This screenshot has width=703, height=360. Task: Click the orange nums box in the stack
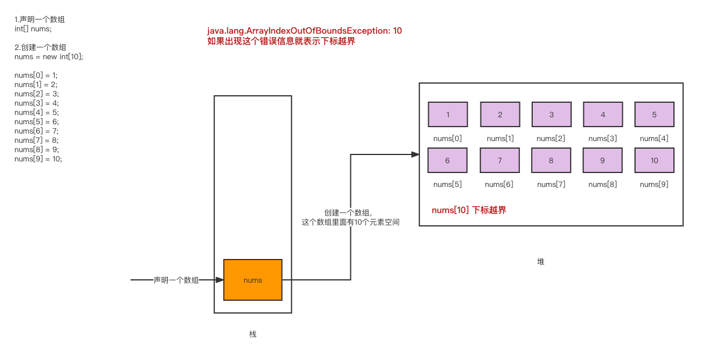point(253,280)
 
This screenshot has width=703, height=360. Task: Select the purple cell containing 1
point(447,114)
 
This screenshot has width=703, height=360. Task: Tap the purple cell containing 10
point(654,160)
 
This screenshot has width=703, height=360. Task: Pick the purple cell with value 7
point(500,160)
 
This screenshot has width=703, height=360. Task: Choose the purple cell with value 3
point(551,114)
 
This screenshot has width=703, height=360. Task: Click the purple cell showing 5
point(654,114)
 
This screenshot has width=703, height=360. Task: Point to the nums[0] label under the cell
point(447,139)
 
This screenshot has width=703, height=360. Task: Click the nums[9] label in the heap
point(654,185)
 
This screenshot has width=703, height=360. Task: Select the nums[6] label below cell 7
point(499,185)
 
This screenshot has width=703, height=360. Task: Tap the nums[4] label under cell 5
point(654,139)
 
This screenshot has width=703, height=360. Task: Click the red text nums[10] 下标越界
point(469,210)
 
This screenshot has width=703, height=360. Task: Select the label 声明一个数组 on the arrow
point(176,280)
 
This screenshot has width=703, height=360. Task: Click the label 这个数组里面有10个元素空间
point(350,222)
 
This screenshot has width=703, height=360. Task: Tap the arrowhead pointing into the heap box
point(415,154)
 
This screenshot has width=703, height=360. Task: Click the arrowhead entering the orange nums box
point(220,280)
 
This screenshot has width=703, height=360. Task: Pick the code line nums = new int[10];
point(49,57)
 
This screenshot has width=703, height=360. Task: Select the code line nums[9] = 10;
point(38,159)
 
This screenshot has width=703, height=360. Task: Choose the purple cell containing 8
point(551,160)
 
